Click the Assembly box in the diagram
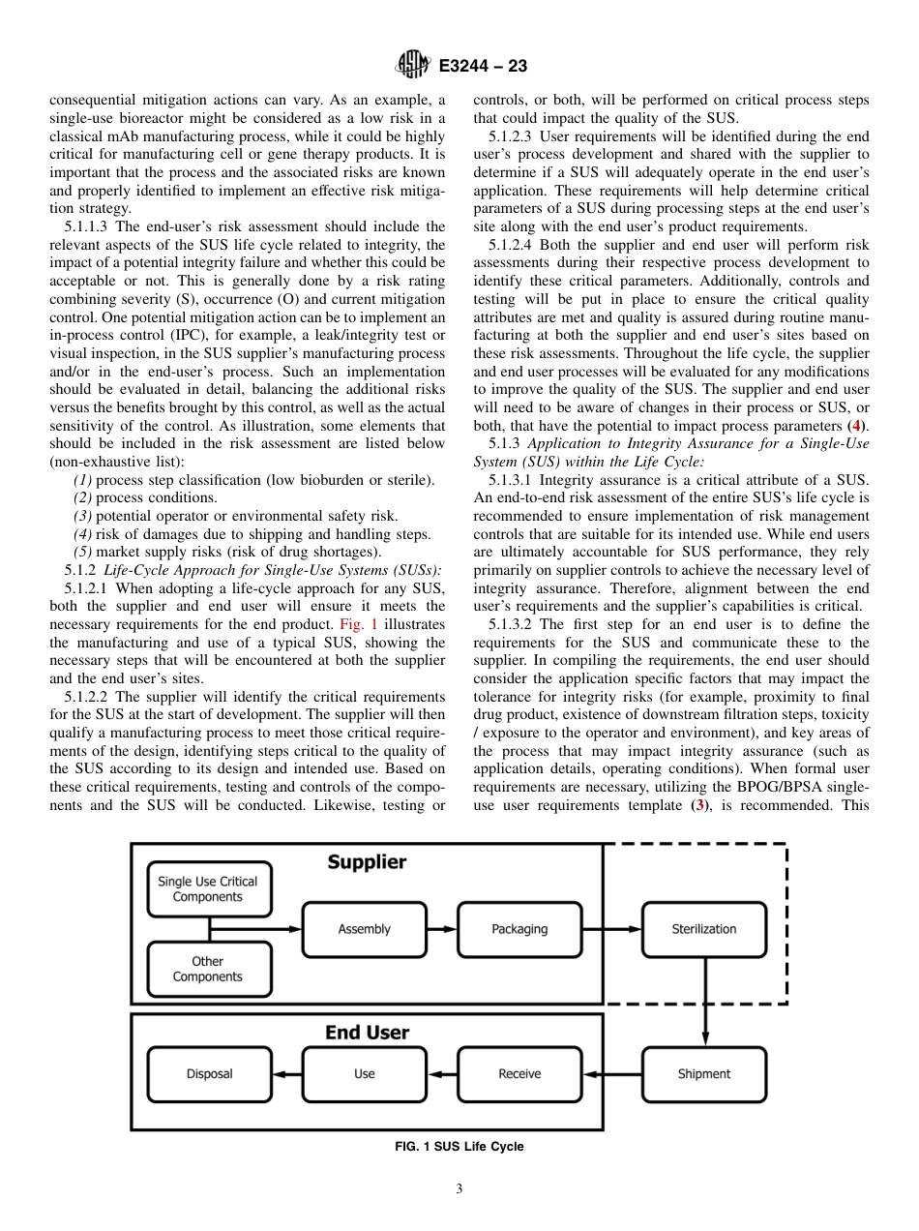click(x=364, y=929)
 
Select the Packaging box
click(x=519, y=929)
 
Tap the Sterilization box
click(x=703, y=929)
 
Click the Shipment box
click(x=703, y=1073)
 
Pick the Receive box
click(x=519, y=1073)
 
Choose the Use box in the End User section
click(x=364, y=1073)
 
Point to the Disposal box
click(x=209, y=1073)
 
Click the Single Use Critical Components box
click(x=208, y=889)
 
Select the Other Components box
click(x=208, y=969)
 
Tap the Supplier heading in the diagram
click(x=367, y=861)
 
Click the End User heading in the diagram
click(x=367, y=1033)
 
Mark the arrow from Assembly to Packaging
click(x=441, y=929)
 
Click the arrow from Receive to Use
click(x=441, y=1073)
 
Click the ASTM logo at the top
click(x=412, y=66)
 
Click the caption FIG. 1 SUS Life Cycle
click(x=459, y=1147)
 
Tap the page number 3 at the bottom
click(x=459, y=1189)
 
